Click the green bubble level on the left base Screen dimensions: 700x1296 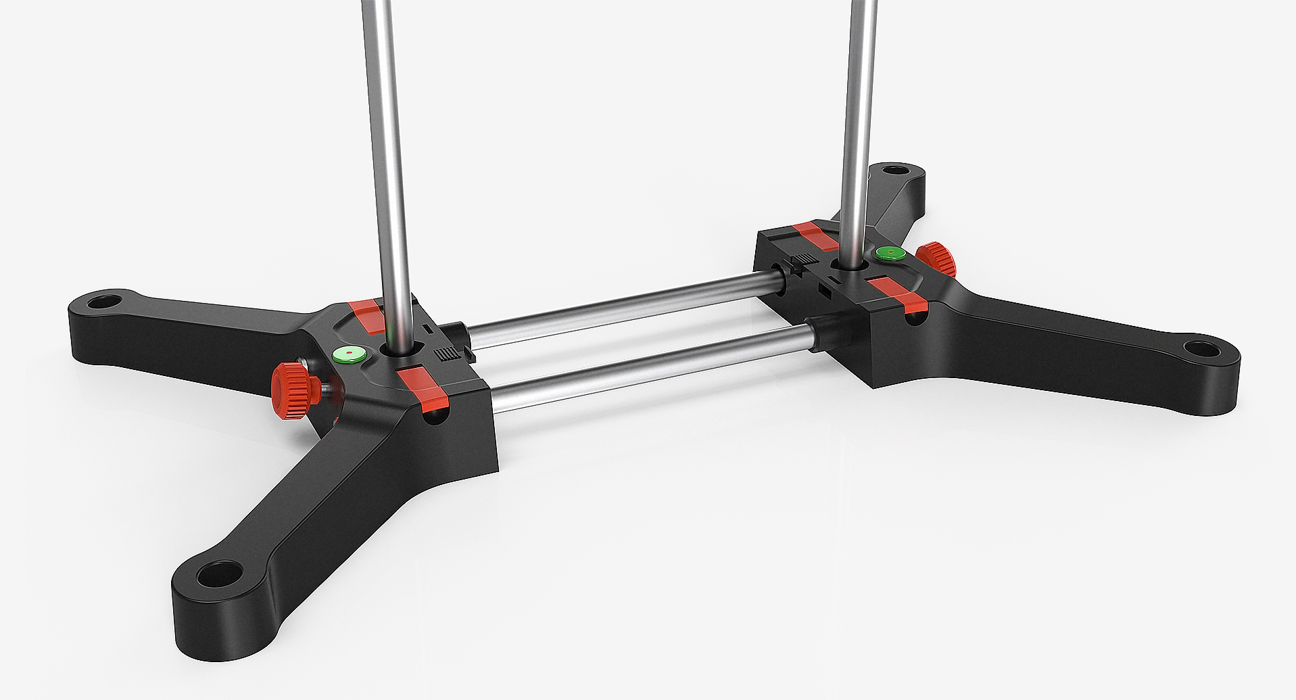tap(349, 353)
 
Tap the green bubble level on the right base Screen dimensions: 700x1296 tap(890, 254)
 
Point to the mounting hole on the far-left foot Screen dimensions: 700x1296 tap(103, 300)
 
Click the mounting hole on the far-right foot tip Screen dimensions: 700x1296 tap(1201, 349)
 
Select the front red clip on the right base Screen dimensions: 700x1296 tap(898, 295)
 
